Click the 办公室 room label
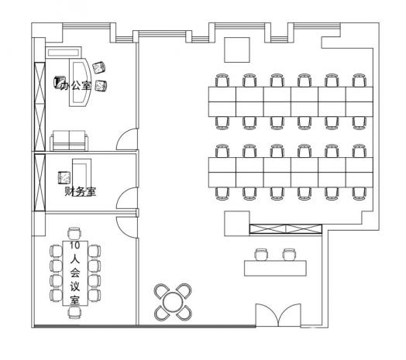pos(76,85)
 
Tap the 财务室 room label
pos(81,191)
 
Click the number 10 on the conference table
pos(75,245)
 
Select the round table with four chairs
pos(173,302)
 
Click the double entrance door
pos(278,314)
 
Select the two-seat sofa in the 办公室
pos(69,141)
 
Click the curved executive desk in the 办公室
pos(80,82)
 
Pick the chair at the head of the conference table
pos(75,233)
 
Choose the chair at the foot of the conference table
pos(75,312)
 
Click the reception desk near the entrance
pos(276,269)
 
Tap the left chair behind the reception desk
pos(261,255)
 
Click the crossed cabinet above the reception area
pos(286,229)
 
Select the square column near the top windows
pos(237,50)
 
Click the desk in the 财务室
pos(82,172)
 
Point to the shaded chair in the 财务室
pos(64,177)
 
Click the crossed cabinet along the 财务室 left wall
pos(40,183)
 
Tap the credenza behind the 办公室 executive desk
pos(64,53)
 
